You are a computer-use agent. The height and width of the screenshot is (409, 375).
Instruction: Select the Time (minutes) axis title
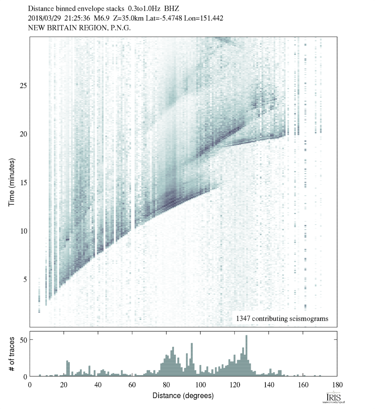click(12, 181)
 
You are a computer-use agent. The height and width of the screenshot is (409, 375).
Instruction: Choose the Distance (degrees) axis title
click(183, 395)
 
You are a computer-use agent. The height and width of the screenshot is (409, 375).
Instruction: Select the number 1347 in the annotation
click(244, 319)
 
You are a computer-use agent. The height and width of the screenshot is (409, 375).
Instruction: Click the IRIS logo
click(333, 398)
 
